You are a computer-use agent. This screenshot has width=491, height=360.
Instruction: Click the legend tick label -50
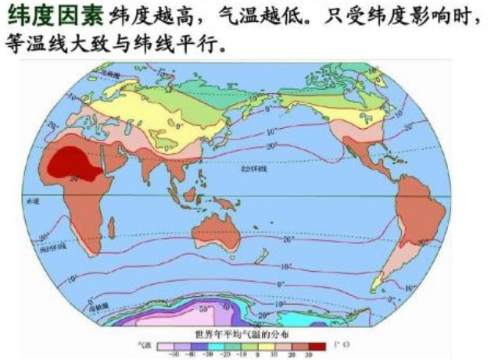click(x=170, y=354)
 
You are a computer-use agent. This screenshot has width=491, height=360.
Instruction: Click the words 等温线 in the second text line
click(x=28, y=45)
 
